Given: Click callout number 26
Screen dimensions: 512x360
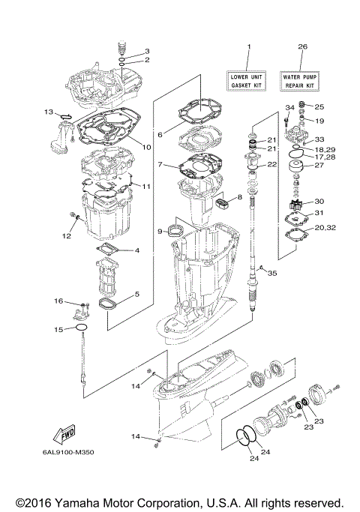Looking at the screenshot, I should (302, 46).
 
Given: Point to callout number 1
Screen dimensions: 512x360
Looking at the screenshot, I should (248, 46).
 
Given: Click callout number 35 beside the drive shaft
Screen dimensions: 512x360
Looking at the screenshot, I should (271, 273).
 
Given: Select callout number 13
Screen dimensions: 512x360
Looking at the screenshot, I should (48, 112).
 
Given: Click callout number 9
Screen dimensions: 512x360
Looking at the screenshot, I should (160, 232).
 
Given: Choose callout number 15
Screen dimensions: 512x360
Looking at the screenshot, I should (58, 329).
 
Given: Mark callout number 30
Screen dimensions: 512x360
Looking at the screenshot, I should (319, 201).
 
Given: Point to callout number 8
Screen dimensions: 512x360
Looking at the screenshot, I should (240, 197).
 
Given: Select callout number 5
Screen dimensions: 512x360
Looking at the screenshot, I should (136, 295).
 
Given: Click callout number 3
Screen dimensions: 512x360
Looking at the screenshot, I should (148, 50).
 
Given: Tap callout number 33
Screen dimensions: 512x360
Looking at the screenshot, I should (319, 139).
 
